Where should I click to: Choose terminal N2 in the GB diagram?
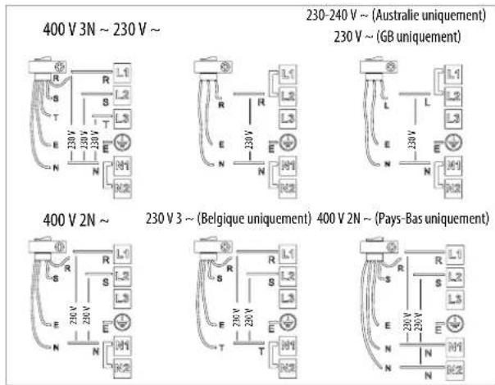pos(450,186)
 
